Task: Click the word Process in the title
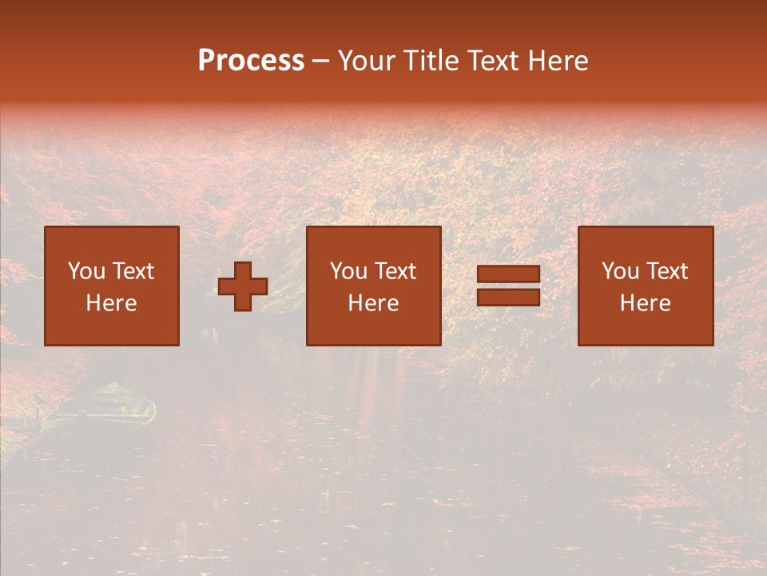251,61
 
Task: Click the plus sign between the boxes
243,286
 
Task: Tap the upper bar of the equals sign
508,274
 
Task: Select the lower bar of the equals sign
508,298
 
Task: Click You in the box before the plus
86,271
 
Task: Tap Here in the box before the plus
111,303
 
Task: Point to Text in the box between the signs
395,271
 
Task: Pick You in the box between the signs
348,271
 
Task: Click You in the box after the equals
620,271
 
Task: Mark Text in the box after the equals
667,271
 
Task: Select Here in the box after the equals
645,303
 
